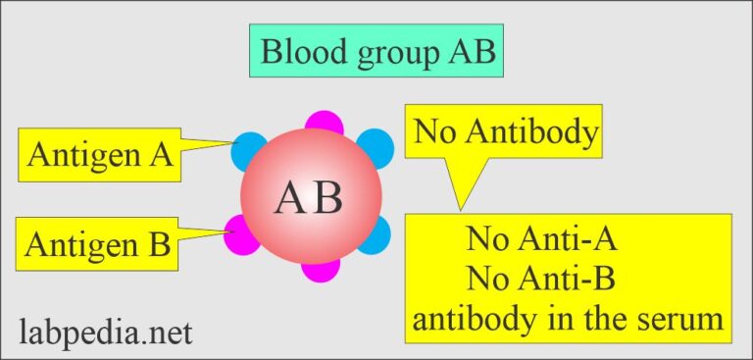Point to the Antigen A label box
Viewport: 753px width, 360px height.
99,155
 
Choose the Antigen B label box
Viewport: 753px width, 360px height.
98,241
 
